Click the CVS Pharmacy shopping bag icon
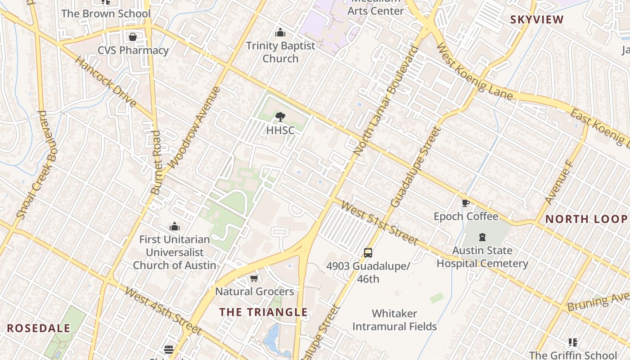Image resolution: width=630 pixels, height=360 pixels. click(x=133, y=37)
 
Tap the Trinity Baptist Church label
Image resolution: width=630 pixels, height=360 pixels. click(x=280, y=52)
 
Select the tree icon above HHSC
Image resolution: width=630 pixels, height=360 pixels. click(x=280, y=117)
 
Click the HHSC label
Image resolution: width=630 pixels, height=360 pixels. click(x=280, y=130)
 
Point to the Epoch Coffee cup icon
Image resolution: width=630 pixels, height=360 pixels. click(x=466, y=203)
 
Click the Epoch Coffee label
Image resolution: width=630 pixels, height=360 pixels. click(x=466, y=216)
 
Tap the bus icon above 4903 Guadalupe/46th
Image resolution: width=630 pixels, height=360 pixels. click(x=368, y=252)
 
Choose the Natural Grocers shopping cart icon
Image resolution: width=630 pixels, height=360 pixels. click(x=254, y=279)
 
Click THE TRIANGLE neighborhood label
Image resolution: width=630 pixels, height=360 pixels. click(x=264, y=312)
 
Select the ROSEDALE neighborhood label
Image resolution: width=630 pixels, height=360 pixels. click(x=39, y=328)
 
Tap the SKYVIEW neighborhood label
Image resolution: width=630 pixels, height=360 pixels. click(x=537, y=20)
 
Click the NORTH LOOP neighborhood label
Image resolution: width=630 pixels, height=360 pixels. click(x=586, y=219)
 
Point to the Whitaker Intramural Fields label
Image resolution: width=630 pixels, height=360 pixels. click(x=395, y=320)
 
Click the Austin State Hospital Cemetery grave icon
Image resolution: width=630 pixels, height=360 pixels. click(x=482, y=237)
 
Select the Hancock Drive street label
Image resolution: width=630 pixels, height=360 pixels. click(x=106, y=82)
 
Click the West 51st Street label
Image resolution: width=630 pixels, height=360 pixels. click(x=379, y=223)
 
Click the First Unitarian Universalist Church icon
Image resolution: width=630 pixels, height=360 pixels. click(x=175, y=226)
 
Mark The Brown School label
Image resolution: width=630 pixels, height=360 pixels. click(x=106, y=13)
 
